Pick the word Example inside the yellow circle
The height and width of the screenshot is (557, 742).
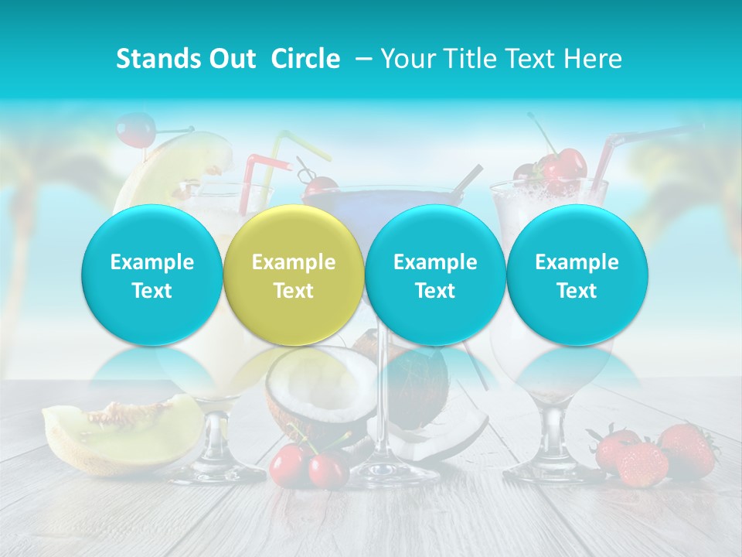click(x=294, y=262)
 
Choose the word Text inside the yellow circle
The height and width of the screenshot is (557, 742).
click(x=294, y=291)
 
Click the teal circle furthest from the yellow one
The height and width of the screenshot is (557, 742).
click(x=577, y=275)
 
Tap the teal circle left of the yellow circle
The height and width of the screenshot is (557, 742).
click(x=152, y=275)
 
